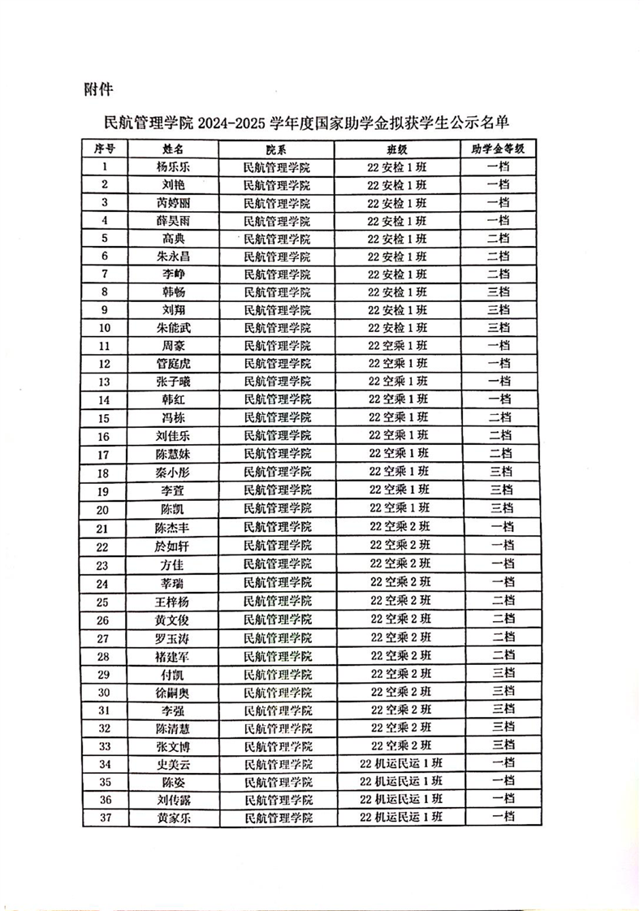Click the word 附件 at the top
pos(97,88)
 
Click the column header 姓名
pos(173,149)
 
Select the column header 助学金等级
pos(498,149)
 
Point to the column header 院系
pos(276,149)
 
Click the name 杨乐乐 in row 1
pos(173,167)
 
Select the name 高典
pos(173,238)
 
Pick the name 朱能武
pos(173,326)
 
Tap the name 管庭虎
pos(173,362)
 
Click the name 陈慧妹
pos(173,454)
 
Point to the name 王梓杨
pos(173,601)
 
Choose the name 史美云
pos(173,762)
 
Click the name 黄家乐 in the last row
pos(173,817)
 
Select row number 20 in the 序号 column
pos(105,508)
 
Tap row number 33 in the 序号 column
pos(105,745)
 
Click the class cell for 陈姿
pos(402,781)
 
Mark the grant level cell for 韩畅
pos(498,291)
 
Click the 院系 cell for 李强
pos(279,709)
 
